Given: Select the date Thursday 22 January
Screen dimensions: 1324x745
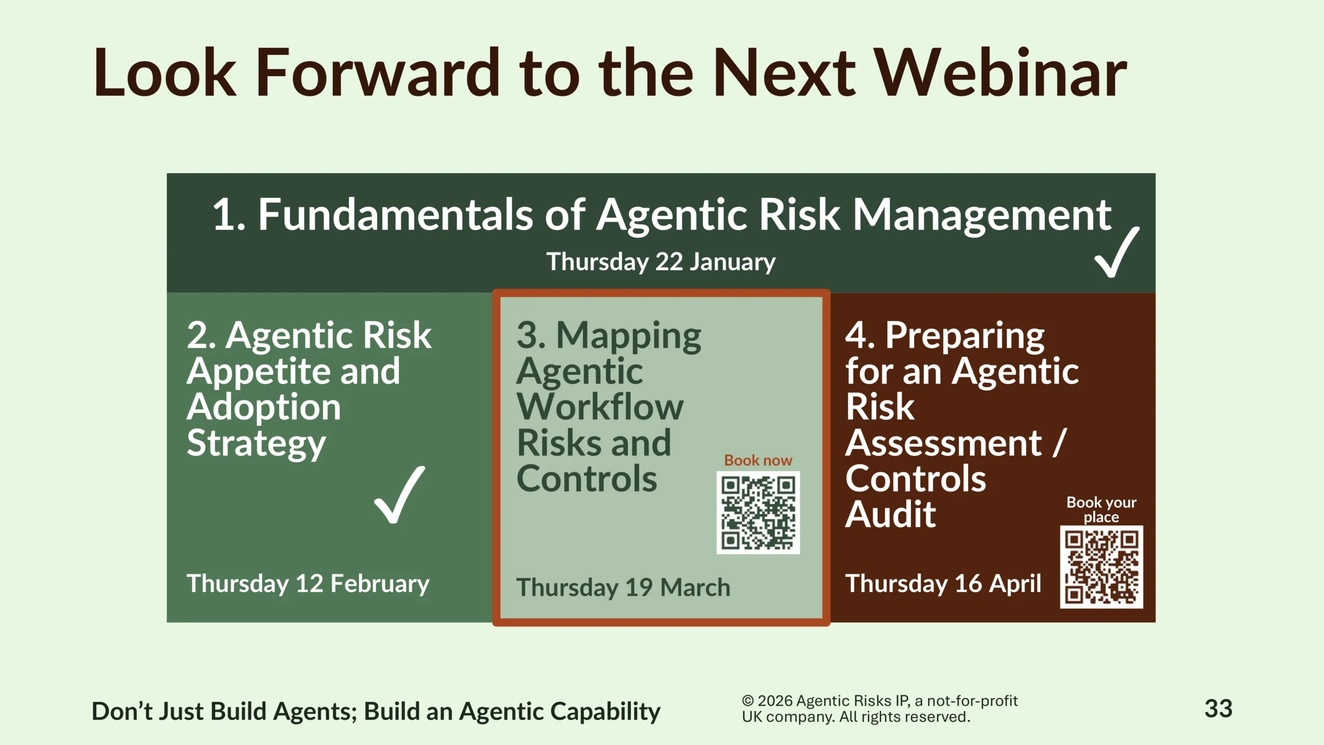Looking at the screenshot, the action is pyautogui.click(x=661, y=262).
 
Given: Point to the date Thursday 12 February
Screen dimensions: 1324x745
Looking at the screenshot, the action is pyautogui.click(x=308, y=584).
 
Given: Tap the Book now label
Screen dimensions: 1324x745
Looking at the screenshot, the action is pyautogui.click(x=758, y=460).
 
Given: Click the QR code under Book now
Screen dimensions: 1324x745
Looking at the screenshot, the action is pyautogui.click(x=758, y=513).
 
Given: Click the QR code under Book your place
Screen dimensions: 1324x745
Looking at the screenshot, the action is pyautogui.click(x=1102, y=567).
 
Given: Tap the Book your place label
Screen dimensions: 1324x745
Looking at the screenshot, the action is pyautogui.click(x=1102, y=510).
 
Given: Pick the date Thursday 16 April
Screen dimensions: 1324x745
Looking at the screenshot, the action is pyautogui.click(x=943, y=584).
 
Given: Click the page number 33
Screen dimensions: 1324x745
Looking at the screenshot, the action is pyautogui.click(x=1218, y=709).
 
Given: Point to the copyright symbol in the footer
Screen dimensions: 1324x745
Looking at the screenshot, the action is pyautogui.click(x=748, y=701).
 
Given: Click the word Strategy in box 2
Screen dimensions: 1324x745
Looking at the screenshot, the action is pyautogui.click(x=256, y=444).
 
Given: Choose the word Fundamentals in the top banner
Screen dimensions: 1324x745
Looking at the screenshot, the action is pyautogui.click(x=396, y=215).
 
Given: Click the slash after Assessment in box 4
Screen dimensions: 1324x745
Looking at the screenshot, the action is pyautogui.click(x=1059, y=443).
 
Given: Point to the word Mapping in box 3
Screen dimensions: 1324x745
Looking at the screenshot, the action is pyautogui.click(x=629, y=337).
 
